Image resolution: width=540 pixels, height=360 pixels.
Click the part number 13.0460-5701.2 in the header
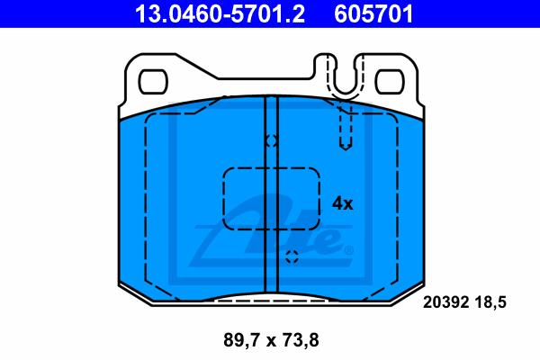pyautogui.click(x=220, y=14)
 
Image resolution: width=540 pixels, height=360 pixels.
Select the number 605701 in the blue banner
pyautogui.click(x=373, y=14)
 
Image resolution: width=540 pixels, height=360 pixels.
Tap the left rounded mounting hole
pyautogui.click(x=153, y=82)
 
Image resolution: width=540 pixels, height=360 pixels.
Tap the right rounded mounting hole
pyautogui.click(x=390, y=82)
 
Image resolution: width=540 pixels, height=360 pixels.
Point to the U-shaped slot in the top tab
pyautogui.click(x=346, y=90)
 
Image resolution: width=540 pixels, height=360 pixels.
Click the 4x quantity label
pyautogui.click(x=343, y=204)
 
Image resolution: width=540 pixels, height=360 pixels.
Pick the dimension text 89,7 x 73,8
pyautogui.click(x=271, y=340)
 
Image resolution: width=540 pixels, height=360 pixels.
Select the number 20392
pyautogui.click(x=445, y=302)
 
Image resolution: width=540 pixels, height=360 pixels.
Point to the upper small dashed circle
pyautogui.click(x=272, y=140)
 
